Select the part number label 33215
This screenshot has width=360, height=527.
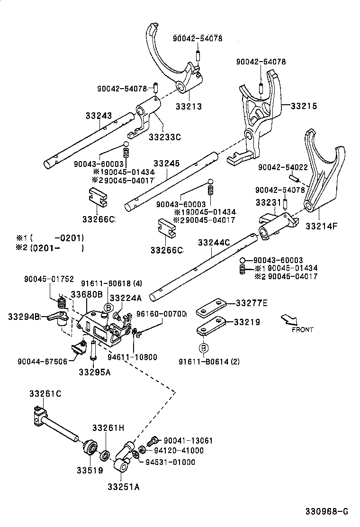click(x=304, y=106)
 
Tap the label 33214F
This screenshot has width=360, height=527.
click(x=322, y=226)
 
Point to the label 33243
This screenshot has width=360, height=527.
click(x=99, y=115)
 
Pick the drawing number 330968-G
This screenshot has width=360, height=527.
click(x=326, y=511)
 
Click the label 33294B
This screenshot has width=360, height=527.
click(x=24, y=316)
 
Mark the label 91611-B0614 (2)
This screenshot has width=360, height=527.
click(x=209, y=362)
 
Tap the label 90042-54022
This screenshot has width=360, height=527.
click(x=282, y=167)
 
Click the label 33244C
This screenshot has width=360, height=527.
click(x=214, y=243)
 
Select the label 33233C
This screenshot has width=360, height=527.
click(x=164, y=137)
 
